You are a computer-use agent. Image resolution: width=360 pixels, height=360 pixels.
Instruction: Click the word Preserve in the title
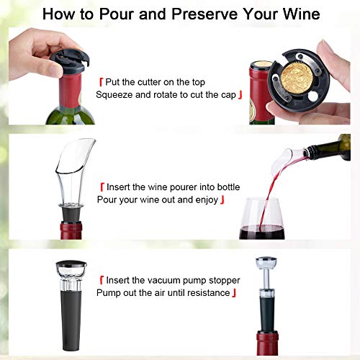194,14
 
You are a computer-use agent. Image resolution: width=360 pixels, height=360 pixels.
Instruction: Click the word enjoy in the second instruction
204,199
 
